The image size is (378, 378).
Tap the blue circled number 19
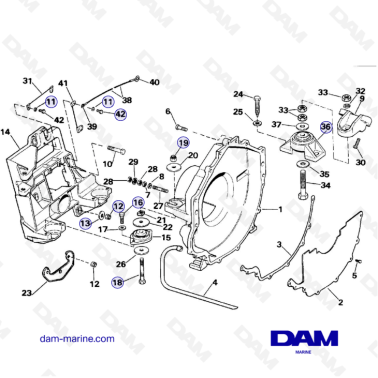click(183, 144)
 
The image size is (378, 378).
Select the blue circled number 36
click(325, 127)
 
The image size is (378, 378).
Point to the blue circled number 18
click(117, 283)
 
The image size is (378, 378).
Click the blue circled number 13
click(86, 222)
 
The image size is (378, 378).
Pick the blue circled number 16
click(139, 203)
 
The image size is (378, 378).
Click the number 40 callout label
click(154, 80)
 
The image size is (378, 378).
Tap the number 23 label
click(26, 293)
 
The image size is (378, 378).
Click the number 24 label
click(238, 95)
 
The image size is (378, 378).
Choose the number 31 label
click(28, 81)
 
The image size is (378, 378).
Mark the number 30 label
click(360, 162)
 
